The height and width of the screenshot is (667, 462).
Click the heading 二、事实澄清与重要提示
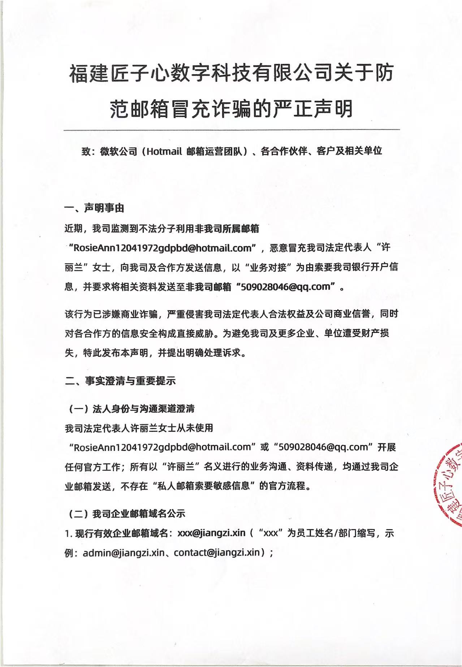[120, 381]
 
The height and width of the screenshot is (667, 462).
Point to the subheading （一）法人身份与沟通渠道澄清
[132, 408]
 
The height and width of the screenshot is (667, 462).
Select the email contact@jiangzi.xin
[217, 553]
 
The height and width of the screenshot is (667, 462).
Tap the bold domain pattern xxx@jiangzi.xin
[212, 533]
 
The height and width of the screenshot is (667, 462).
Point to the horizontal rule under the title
[231, 129]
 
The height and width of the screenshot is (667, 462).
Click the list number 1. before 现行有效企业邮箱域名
[68, 533]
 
